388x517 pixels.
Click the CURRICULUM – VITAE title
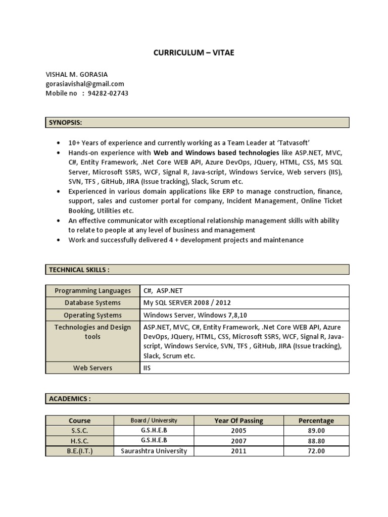[x=194, y=53]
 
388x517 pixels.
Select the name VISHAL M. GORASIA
[x=76, y=74]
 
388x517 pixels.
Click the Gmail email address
[x=85, y=84]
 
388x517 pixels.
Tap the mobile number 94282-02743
[x=108, y=93]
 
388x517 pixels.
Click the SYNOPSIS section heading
[x=65, y=123]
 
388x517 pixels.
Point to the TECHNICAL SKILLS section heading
[x=79, y=270]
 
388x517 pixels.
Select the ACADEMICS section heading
[x=70, y=399]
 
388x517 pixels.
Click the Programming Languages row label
[x=92, y=291]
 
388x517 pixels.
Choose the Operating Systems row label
[x=92, y=315]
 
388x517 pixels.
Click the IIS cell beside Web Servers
[x=148, y=368]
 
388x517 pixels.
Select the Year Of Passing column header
[x=238, y=421]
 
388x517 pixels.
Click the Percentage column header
[x=316, y=421]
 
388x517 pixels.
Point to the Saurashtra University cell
[x=154, y=451]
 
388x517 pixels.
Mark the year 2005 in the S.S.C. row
[x=238, y=431]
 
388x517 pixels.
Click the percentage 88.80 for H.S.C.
[x=316, y=441]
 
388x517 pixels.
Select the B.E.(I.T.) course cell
[x=80, y=451]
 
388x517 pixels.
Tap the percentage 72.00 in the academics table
[x=316, y=451]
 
